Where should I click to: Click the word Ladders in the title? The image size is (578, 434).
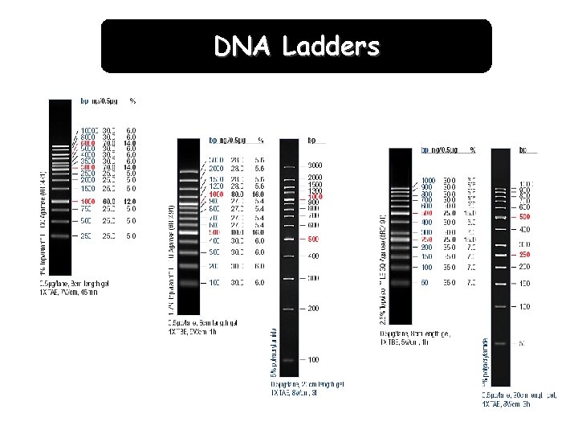331,47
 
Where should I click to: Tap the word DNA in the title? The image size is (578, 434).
243,47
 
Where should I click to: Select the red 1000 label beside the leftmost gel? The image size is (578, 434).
88,201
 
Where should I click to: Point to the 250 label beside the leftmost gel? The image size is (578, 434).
87,236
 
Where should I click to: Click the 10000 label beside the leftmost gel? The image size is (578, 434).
88,129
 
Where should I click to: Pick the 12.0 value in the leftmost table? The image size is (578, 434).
131,201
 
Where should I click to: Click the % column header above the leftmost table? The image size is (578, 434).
132,101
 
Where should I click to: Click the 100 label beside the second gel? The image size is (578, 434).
215,282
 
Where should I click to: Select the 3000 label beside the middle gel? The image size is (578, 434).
315,165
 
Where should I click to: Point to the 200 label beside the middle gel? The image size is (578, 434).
314,308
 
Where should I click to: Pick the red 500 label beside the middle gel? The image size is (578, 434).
314,239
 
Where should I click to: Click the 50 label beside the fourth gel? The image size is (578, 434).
426,283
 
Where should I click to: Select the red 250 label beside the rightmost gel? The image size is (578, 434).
523,255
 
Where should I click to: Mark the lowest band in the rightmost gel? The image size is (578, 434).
500,343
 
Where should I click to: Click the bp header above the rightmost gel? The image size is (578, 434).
523,149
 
